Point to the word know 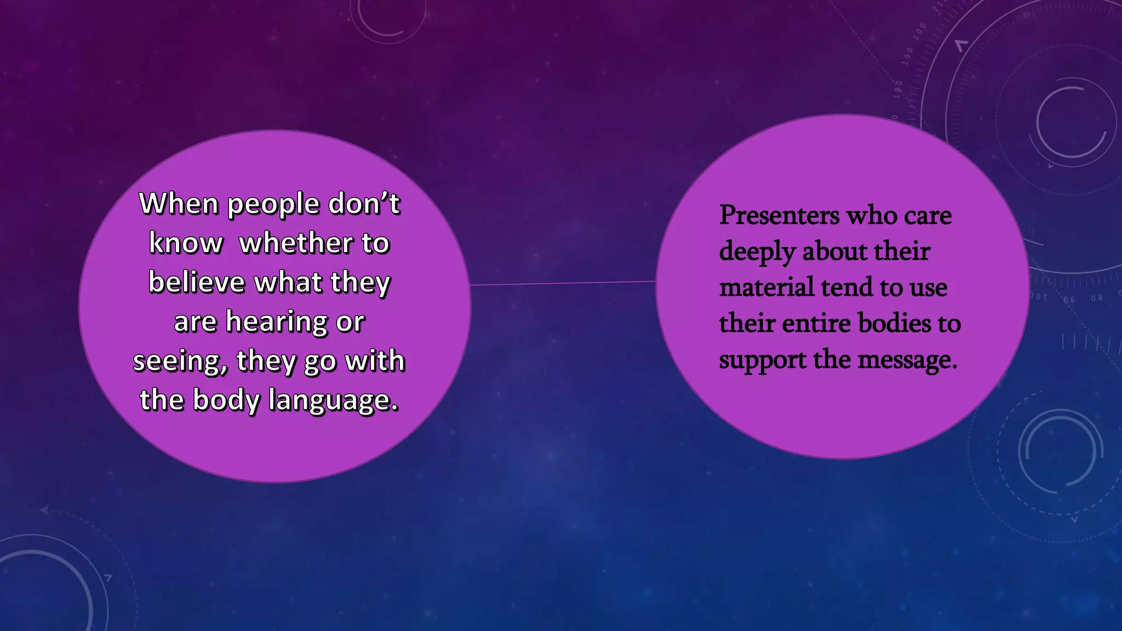[186, 243]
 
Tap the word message [907, 360]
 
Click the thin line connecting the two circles [563, 283]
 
